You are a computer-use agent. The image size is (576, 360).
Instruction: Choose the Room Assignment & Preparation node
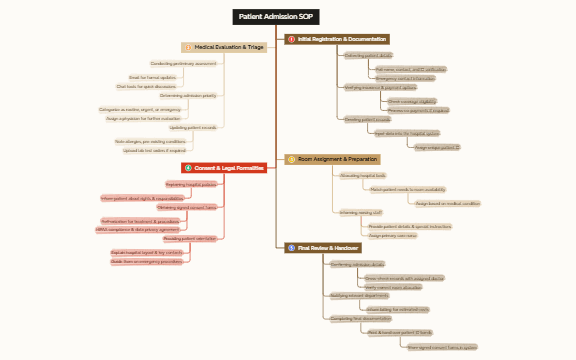pyautogui.click(x=337, y=159)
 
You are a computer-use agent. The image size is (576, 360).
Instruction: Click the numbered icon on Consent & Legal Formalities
pyautogui.click(x=189, y=168)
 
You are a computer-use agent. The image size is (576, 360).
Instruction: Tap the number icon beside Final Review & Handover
pyautogui.click(x=291, y=245)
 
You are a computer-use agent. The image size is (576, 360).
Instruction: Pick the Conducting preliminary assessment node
pyautogui.click(x=183, y=63)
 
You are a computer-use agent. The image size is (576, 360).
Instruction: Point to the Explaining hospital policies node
pyautogui.click(x=190, y=184)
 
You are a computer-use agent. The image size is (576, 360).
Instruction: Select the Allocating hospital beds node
pyautogui.click(x=363, y=175)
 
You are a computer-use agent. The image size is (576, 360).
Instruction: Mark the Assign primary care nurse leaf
pyautogui.click(x=392, y=235)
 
